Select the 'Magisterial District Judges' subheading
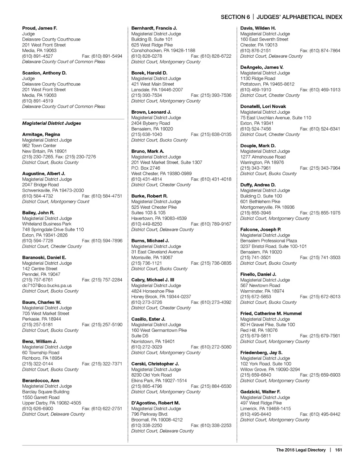[51, 123]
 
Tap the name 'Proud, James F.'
[39, 28]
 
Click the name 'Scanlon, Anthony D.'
[44, 73]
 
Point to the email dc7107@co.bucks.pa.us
[47, 285]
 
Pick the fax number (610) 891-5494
[102, 56]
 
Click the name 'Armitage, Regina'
[41, 134]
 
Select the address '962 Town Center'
[39, 146]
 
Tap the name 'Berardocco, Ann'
[40, 380]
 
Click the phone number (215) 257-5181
[38, 324]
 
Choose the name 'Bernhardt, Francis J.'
[154, 28]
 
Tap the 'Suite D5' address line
[140, 336]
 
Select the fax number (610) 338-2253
[211, 425]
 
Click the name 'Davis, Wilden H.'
[258, 28]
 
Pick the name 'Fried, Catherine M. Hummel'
[271, 313]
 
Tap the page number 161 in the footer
[338, 450]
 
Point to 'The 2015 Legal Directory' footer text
[301, 450]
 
